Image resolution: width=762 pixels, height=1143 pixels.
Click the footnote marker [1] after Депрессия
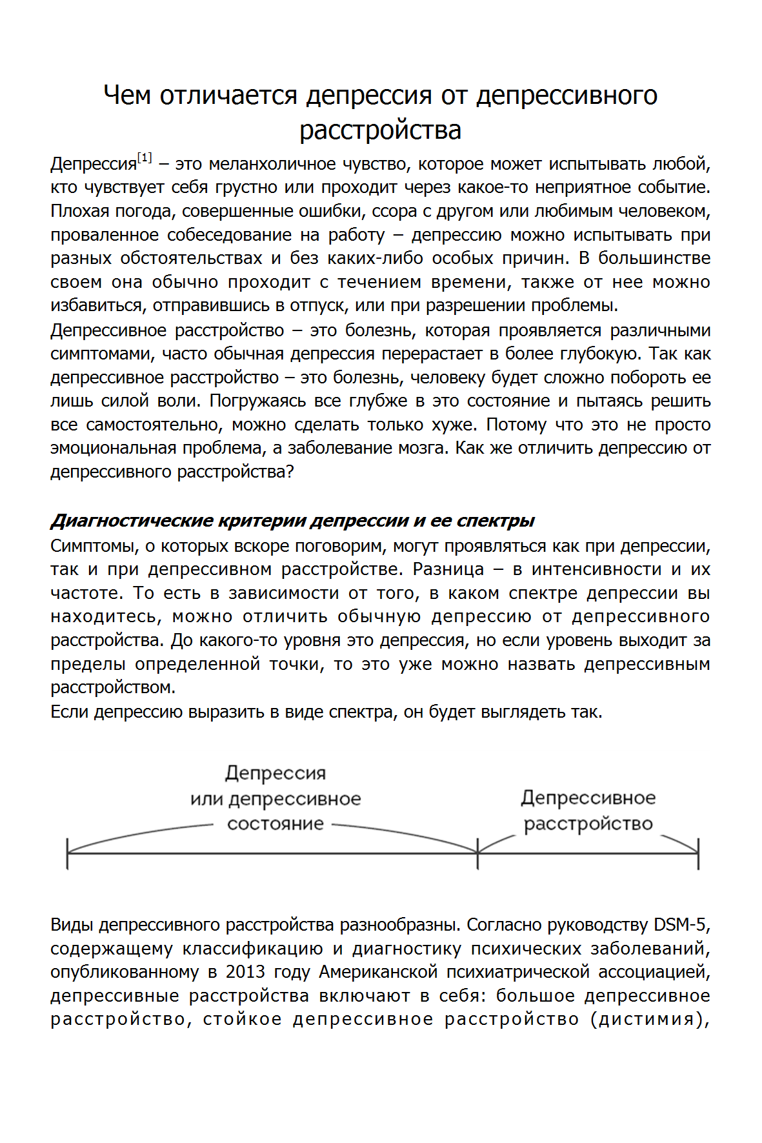145,157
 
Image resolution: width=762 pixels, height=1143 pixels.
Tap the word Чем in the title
127,95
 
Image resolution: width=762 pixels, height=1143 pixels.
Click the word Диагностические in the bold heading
132,521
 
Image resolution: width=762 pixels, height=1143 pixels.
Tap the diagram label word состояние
276,824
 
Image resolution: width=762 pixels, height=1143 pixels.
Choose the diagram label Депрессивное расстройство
588,811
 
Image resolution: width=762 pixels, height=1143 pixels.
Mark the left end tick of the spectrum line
68,853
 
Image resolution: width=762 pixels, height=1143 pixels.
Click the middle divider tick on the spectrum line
477,853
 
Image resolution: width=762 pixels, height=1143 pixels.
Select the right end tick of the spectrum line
698,853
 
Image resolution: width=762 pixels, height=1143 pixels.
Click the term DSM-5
680,926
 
